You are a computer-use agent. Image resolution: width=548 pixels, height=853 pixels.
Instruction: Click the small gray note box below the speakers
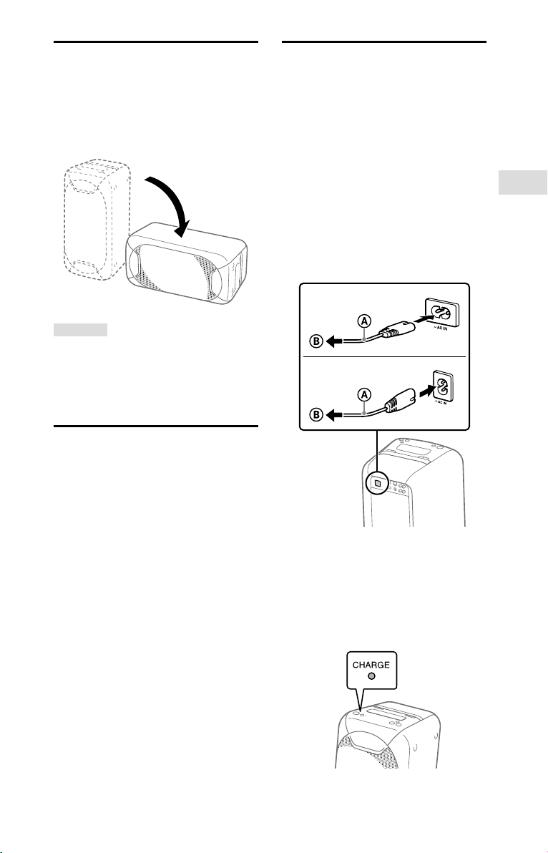pos(80,330)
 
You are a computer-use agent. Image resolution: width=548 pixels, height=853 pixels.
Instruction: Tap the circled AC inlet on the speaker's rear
pos(376,484)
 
